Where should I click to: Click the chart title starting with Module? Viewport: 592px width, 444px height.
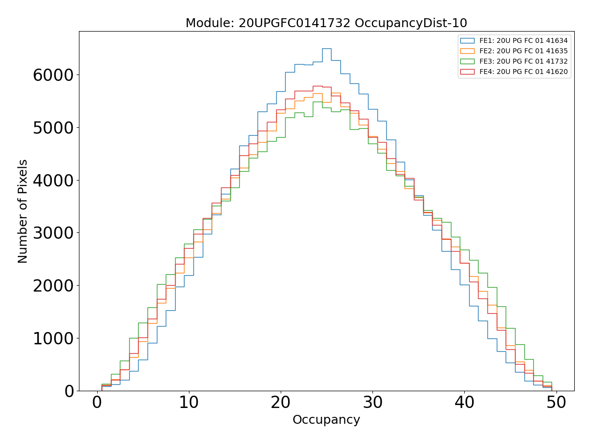click(x=326, y=23)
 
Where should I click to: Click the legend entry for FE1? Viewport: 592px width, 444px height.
click(x=523, y=41)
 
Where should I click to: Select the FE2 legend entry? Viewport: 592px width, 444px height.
click(x=523, y=51)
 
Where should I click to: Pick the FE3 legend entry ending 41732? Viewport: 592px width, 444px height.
click(x=523, y=61)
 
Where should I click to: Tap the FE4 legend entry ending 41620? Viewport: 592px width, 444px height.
click(x=523, y=72)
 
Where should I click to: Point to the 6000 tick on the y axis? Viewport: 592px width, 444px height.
click(x=53, y=75)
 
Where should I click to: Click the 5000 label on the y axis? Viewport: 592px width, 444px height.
click(x=53, y=128)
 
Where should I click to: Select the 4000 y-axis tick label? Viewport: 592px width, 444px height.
click(x=53, y=181)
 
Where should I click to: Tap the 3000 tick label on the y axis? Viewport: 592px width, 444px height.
click(x=53, y=233)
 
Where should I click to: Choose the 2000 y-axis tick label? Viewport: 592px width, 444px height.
click(x=53, y=286)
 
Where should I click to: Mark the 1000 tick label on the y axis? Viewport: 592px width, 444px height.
click(x=53, y=338)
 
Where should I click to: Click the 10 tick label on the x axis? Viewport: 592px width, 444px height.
click(x=189, y=403)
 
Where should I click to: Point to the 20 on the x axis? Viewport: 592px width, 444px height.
click(x=281, y=403)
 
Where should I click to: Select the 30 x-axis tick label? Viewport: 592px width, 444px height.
click(x=372, y=403)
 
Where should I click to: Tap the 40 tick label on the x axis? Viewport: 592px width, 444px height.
click(x=464, y=403)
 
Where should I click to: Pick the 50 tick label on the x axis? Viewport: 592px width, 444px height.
click(x=556, y=403)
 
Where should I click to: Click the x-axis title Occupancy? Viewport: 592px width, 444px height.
click(x=326, y=420)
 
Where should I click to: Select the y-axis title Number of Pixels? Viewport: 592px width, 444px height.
click(x=23, y=211)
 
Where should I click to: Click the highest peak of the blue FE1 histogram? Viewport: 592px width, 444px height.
click(x=326, y=48)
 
